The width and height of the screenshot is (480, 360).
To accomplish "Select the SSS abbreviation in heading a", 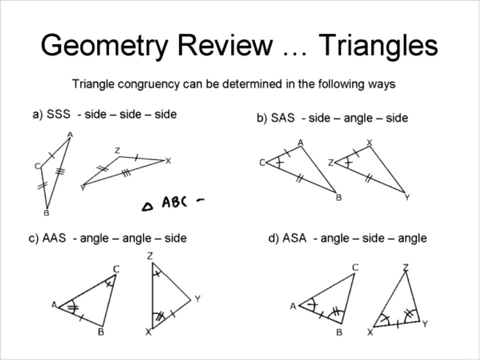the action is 58,114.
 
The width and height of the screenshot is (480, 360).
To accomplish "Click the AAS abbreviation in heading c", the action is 54,238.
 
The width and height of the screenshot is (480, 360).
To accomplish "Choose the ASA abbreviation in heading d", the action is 294,238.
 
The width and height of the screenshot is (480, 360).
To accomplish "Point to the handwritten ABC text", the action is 174,202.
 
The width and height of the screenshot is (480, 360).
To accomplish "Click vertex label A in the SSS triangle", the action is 70,134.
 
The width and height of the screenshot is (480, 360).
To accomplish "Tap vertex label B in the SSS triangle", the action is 46,213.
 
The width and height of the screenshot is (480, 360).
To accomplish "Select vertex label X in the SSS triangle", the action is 168,161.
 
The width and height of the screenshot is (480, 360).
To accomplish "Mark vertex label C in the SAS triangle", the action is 261,162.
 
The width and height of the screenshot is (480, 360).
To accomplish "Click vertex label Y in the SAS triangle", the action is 407,197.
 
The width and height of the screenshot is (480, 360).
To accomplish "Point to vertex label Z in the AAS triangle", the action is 149,256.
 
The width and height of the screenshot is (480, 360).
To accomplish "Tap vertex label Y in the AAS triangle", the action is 197,299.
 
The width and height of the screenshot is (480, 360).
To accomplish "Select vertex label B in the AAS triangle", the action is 100,332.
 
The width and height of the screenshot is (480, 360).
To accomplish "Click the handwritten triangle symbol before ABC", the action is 147,205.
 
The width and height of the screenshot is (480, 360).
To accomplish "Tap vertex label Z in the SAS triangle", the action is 330,162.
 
